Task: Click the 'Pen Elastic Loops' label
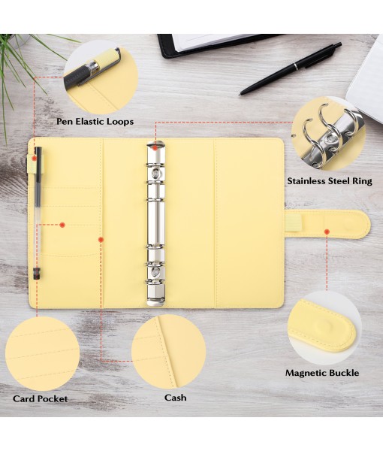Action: tap(95, 121)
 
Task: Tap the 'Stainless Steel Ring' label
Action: tap(328, 181)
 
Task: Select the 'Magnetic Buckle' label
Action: tap(321, 373)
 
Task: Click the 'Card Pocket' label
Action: tap(40, 398)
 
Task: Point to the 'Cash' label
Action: tap(175, 397)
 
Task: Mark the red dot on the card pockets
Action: tap(62, 224)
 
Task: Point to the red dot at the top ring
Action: tap(155, 147)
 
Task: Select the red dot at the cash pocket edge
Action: tap(101, 240)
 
